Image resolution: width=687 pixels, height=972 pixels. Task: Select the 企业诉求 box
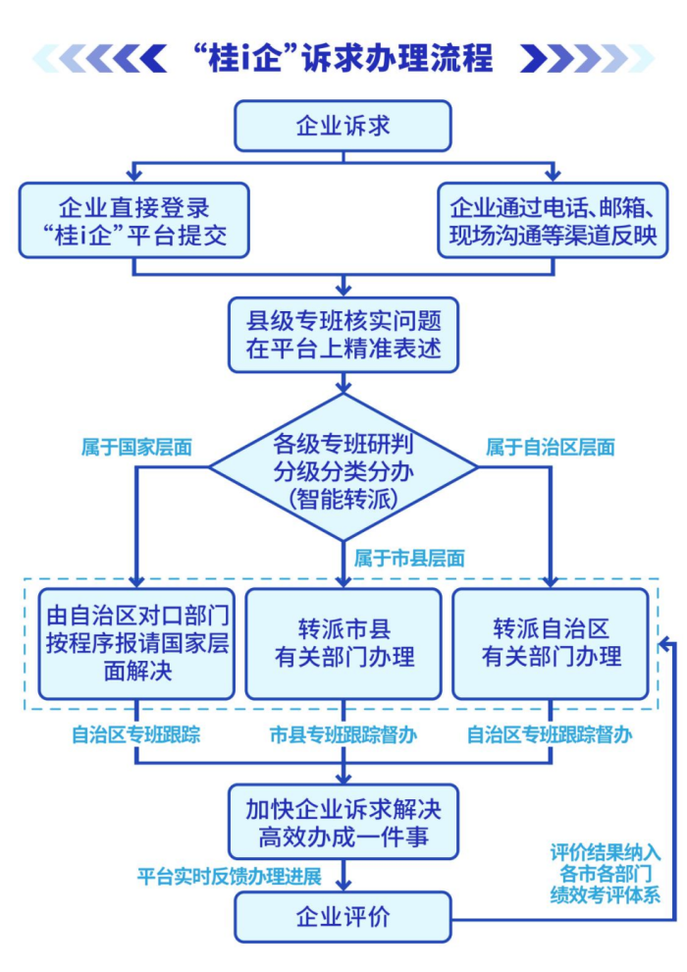click(343, 126)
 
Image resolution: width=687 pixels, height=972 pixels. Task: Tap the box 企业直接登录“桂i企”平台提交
click(133, 221)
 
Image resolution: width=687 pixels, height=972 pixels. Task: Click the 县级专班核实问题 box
click(343, 334)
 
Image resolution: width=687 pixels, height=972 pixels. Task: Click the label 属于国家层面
click(135, 447)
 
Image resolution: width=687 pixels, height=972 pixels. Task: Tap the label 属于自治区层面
click(550, 447)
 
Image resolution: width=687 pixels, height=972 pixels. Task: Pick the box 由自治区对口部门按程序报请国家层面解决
click(136, 643)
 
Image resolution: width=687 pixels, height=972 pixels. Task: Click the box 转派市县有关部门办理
click(343, 643)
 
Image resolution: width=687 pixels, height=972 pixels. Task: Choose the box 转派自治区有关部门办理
click(551, 643)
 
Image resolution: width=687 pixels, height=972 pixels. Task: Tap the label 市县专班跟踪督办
click(343, 733)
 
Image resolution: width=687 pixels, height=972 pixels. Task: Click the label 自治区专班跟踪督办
click(549, 733)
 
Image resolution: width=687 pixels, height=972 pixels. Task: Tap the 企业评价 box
click(343, 917)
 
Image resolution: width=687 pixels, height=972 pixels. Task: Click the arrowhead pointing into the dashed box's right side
click(664, 643)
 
